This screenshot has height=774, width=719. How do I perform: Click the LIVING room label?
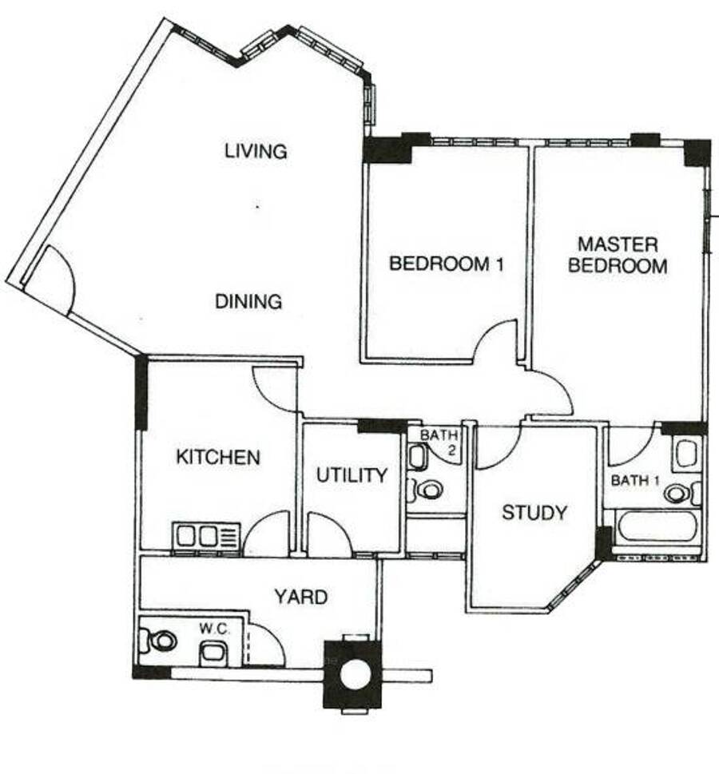256,150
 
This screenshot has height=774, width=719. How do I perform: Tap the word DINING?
248,301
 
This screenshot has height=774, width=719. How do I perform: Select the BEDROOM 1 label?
447,264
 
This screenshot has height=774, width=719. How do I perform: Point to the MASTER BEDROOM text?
618,255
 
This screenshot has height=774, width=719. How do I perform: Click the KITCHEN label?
218,457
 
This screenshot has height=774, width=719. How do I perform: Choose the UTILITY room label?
352,475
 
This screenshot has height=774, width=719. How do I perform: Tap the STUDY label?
534,513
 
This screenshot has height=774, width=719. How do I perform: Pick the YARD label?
300,597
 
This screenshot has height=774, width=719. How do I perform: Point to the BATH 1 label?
635,480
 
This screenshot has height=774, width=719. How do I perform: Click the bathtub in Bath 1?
657,526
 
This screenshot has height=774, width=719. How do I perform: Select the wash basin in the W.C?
213,654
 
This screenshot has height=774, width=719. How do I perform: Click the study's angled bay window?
574,585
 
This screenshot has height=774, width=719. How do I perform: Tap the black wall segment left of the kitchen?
141,392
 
